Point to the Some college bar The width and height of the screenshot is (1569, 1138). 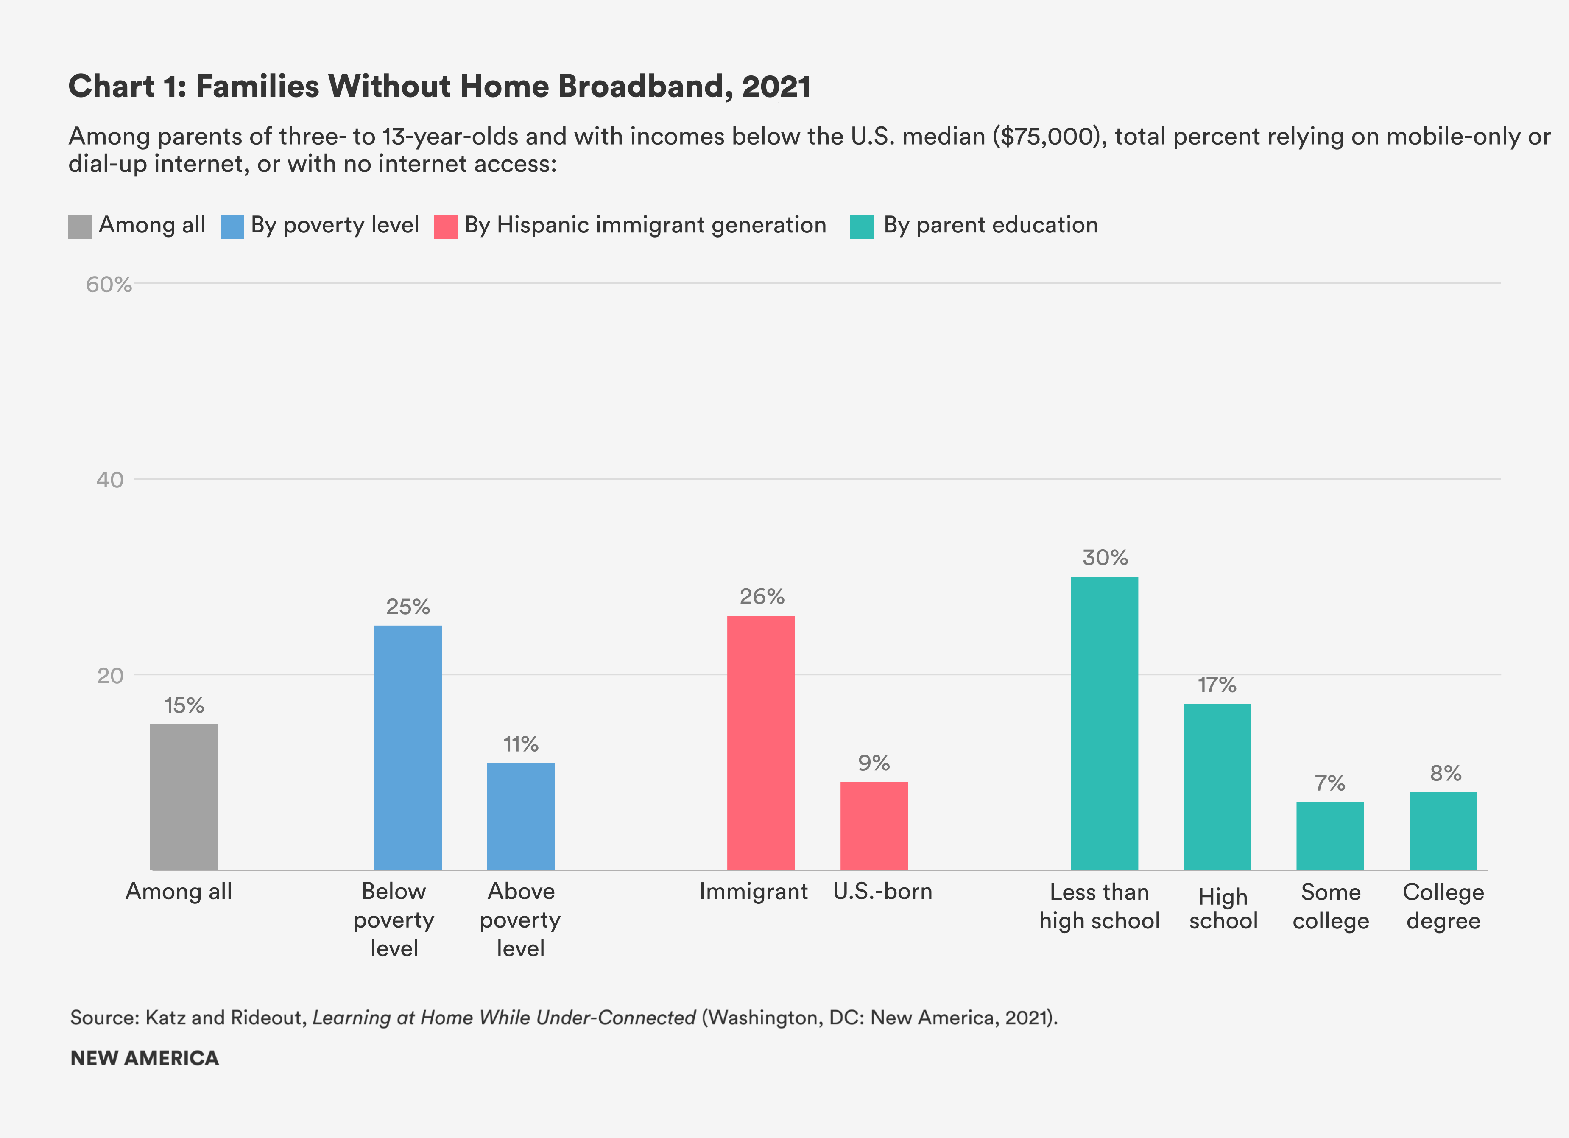point(1330,836)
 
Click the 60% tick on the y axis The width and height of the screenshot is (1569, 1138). point(109,284)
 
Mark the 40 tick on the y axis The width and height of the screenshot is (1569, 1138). point(110,479)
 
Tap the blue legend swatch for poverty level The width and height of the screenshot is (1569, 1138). point(232,227)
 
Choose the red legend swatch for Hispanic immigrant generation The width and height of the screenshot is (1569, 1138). point(446,227)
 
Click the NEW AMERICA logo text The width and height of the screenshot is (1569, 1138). point(145,1058)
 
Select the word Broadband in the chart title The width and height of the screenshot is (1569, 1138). point(641,87)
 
